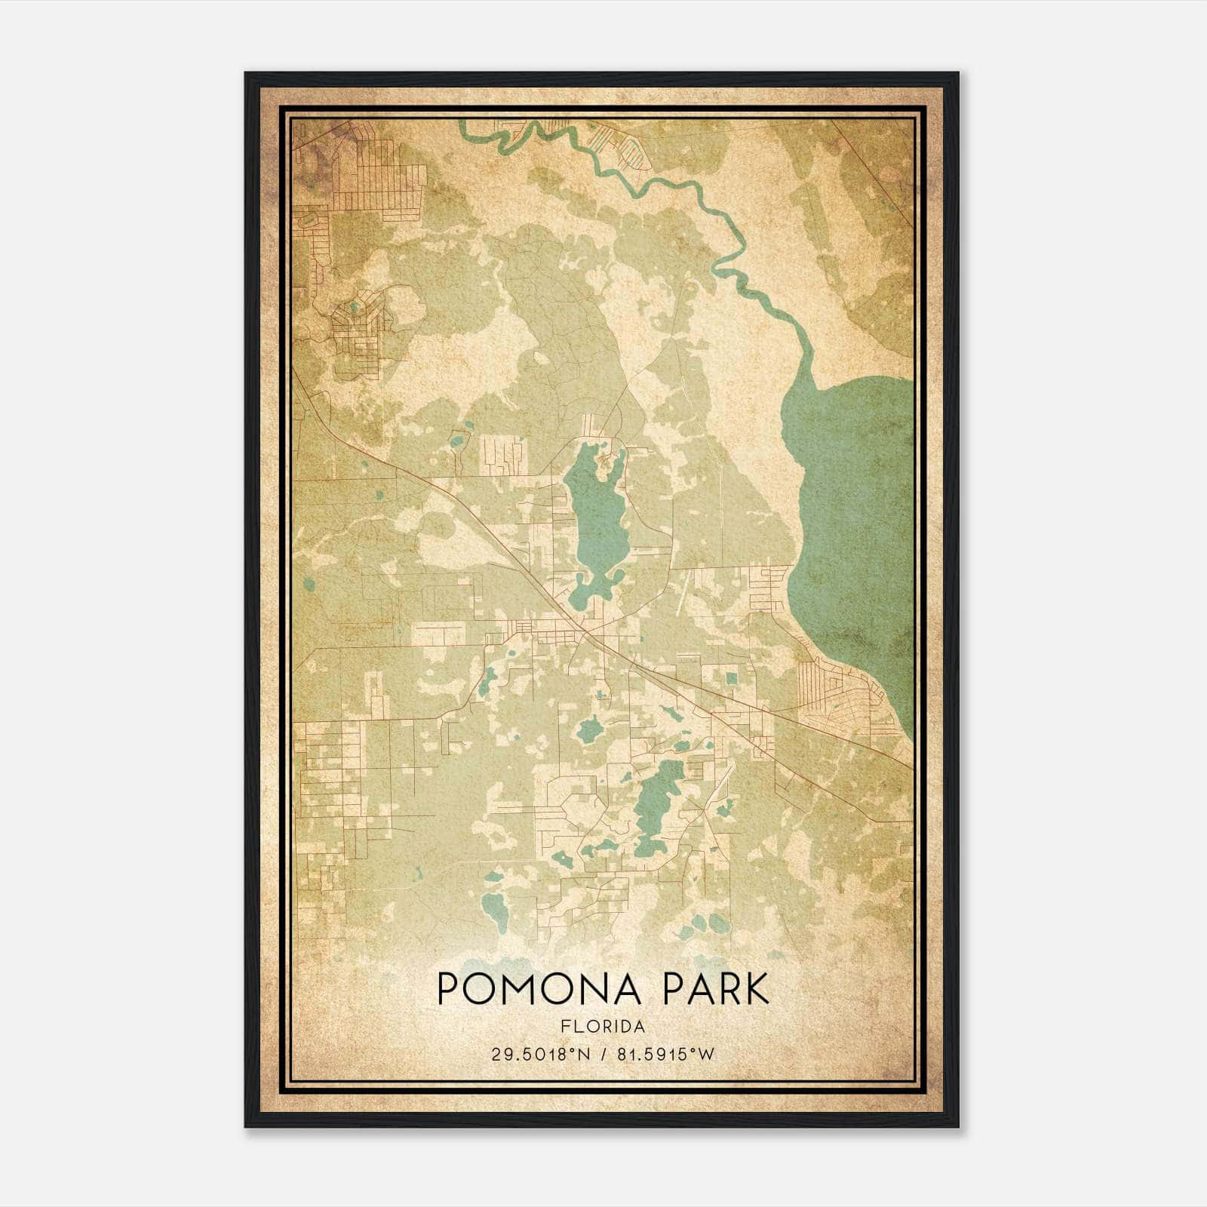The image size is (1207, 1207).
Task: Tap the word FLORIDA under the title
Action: (x=603, y=1026)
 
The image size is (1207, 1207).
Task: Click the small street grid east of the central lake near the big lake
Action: (x=769, y=588)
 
